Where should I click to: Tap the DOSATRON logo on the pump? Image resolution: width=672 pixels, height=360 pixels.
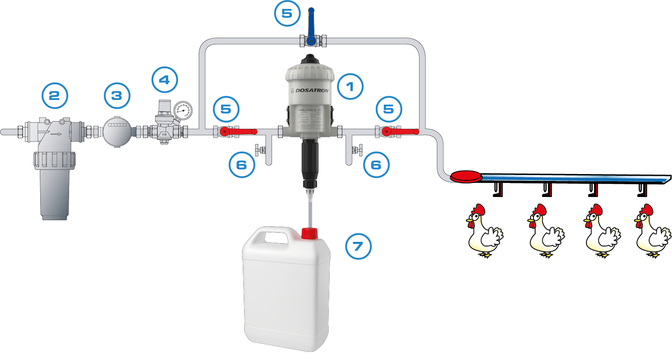coord(312,91)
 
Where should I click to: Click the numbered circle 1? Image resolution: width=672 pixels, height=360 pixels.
coord(350,87)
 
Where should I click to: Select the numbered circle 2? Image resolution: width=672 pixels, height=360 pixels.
coord(55,95)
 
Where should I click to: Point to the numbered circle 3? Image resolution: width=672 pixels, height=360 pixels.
coord(117,96)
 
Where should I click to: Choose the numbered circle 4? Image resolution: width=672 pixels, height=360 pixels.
coord(164,80)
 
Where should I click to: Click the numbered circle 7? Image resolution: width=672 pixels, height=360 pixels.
coord(358,246)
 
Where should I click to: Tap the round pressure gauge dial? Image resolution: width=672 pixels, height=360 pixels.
coord(183,111)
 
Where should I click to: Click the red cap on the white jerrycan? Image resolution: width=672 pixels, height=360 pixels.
coord(309,233)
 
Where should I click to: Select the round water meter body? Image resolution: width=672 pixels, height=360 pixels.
coord(117,131)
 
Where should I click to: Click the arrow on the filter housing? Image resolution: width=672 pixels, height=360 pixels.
coord(56,134)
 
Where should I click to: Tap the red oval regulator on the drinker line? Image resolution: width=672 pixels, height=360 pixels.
coord(466,176)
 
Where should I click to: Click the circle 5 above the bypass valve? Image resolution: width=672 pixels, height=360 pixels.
coord(287,14)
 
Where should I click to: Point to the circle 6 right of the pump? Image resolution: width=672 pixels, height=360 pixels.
coord(376,165)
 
